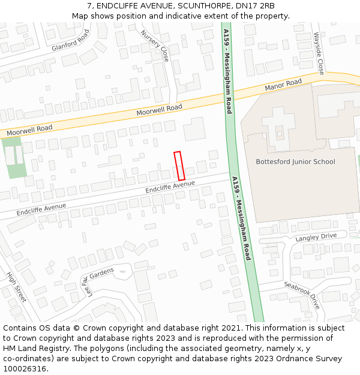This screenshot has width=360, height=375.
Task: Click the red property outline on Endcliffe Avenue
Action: pos(178,166)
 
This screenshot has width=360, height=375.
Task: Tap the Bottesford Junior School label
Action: pos(295,161)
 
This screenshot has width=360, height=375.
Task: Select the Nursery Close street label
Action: pos(155,46)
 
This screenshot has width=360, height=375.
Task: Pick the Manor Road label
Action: pos(283,85)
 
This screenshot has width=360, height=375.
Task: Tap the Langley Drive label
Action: pos(316,237)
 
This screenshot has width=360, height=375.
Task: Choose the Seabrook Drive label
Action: pos(302,295)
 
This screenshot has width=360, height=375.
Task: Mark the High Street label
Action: pos(16,287)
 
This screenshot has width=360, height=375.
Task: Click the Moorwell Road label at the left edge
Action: pos(30,129)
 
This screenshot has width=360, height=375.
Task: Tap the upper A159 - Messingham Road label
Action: pos(227,71)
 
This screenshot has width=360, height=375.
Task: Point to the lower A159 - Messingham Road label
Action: pos(241,218)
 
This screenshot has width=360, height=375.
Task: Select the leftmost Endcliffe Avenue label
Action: pos(41,209)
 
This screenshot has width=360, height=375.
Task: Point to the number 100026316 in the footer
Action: pos(23,368)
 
